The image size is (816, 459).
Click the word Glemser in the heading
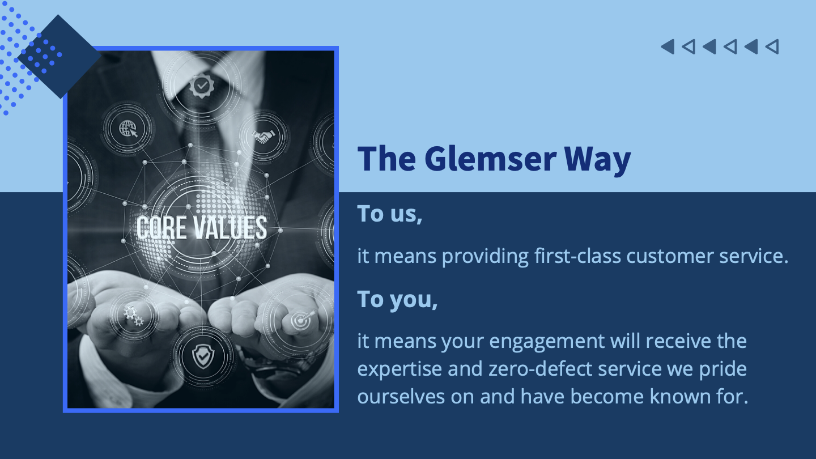pos(490,159)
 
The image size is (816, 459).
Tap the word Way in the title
pos(597,160)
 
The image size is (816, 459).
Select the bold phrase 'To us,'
pos(390,214)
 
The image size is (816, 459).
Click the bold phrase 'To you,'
pos(397,300)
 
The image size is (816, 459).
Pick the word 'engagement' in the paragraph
pos(547,342)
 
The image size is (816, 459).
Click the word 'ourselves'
pos(401,396)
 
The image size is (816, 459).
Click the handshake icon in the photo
pos(263,137)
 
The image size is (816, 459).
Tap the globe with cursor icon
pos(128,129)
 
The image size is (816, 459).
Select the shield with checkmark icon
pos(203,356)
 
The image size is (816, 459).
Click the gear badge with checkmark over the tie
pos(202,86)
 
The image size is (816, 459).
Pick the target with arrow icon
pos(301,320)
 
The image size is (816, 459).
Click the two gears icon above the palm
pos(133,315)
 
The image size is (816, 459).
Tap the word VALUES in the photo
pos(230,228)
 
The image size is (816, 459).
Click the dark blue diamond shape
pos(59,57)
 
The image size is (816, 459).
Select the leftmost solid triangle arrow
pos(669,46)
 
